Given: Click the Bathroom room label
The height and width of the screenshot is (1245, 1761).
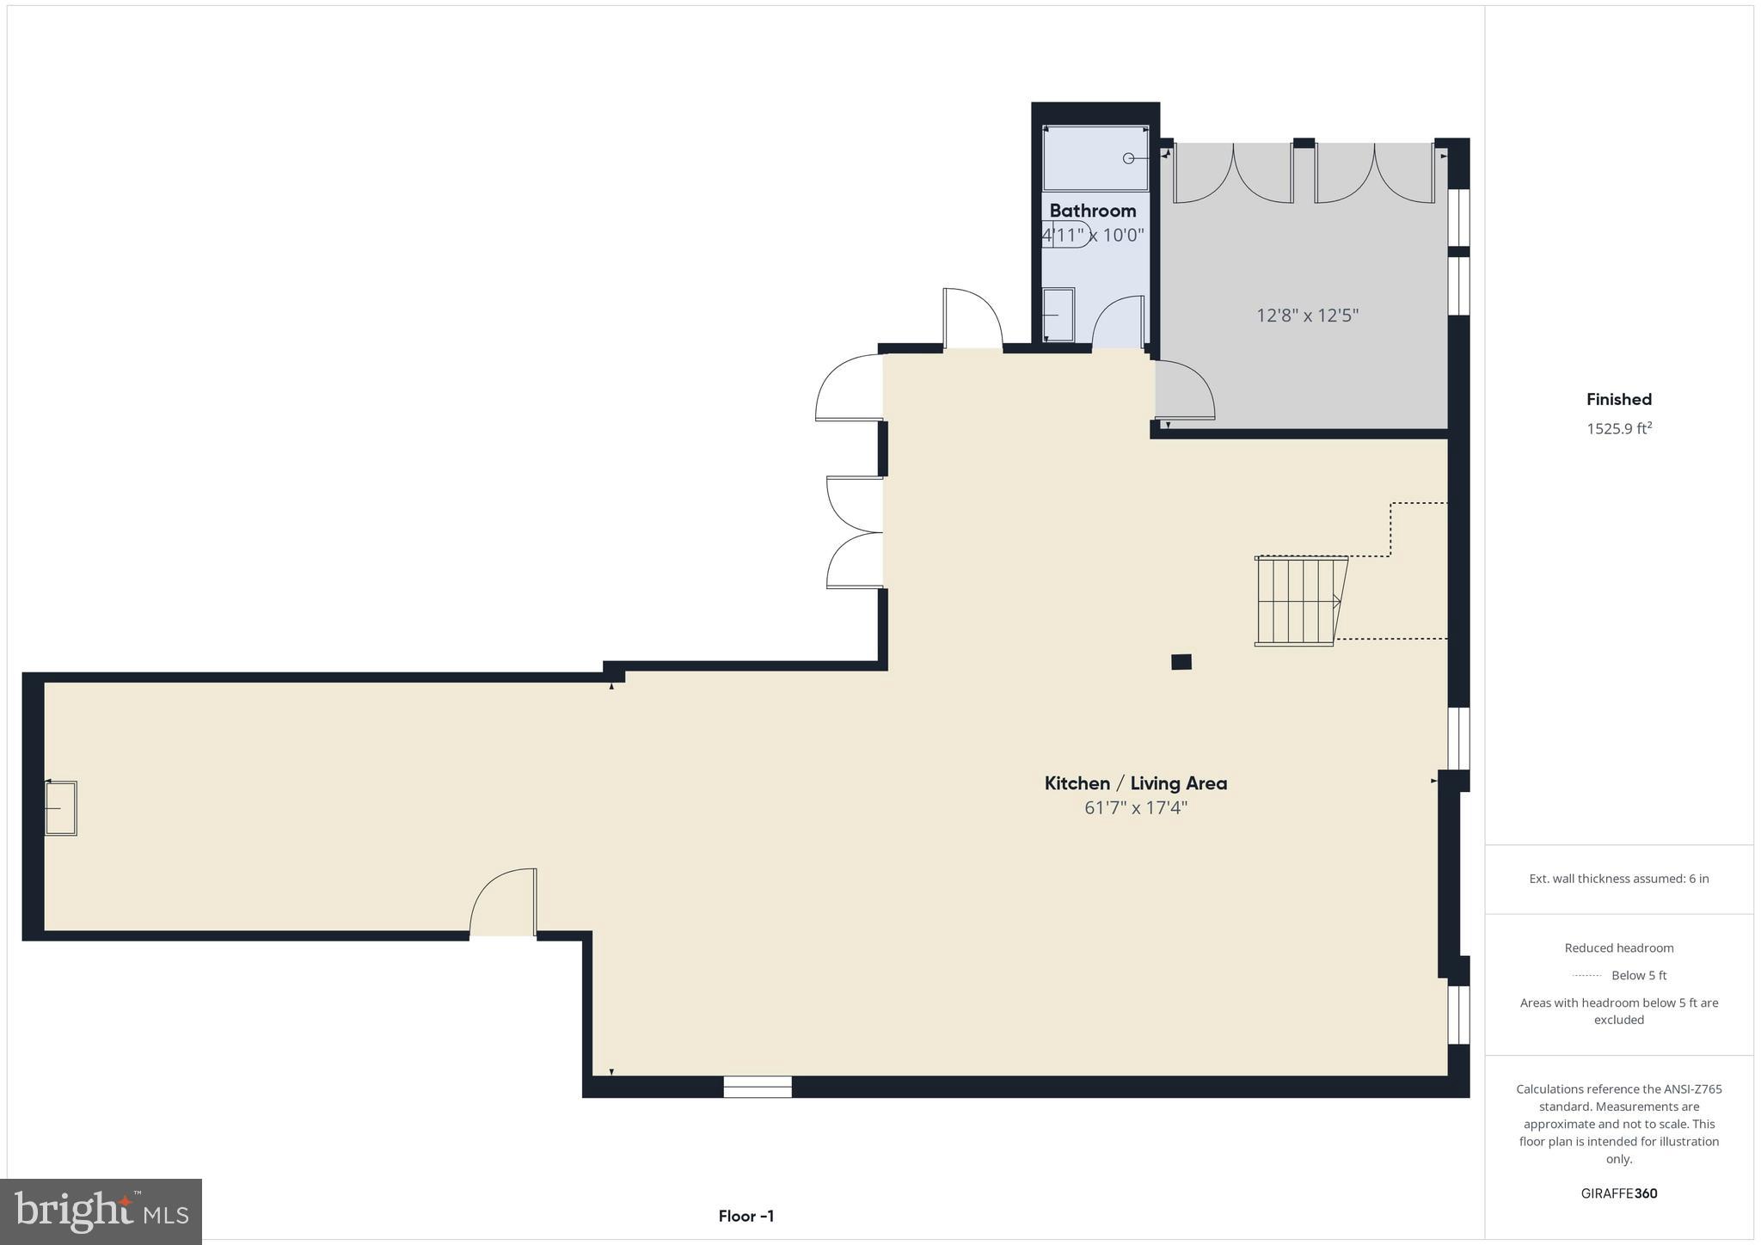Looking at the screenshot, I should pos(1092,211).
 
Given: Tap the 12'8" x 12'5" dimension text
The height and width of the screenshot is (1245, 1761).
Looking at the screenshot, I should pos(1307,316).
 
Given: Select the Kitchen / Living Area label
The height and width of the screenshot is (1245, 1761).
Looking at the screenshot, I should pos(1135,783).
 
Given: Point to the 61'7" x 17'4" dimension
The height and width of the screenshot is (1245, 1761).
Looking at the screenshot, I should pos(1135,808).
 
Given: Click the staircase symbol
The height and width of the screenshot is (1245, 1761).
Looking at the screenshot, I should pos(1298,600).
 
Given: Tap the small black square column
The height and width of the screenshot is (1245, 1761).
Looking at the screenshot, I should pos(1181,662).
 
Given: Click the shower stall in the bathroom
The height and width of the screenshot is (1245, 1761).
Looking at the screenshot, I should pos(1095,158).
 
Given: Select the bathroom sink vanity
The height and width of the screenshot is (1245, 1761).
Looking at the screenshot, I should pos(1058,315).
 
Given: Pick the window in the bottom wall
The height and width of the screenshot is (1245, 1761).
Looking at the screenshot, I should pos(757,1087).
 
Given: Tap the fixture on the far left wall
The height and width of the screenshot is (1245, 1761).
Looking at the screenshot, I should pos(61,807).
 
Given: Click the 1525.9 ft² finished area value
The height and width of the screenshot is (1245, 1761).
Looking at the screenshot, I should pos(1618,428).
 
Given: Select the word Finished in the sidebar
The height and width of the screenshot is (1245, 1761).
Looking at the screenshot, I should pos(1618,399).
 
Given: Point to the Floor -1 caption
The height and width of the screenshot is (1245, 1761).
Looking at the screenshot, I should pos(746,1216).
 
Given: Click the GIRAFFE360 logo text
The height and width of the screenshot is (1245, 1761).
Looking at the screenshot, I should pos(1618,1193).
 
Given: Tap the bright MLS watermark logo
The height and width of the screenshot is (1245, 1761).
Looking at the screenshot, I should pos(101,1212).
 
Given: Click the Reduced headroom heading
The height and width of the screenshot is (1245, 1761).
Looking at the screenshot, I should pos(1618,948).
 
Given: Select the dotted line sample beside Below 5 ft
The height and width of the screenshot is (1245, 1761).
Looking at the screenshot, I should pos(1586,976).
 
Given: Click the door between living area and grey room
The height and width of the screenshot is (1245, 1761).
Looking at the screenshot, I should pos(1183,391).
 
